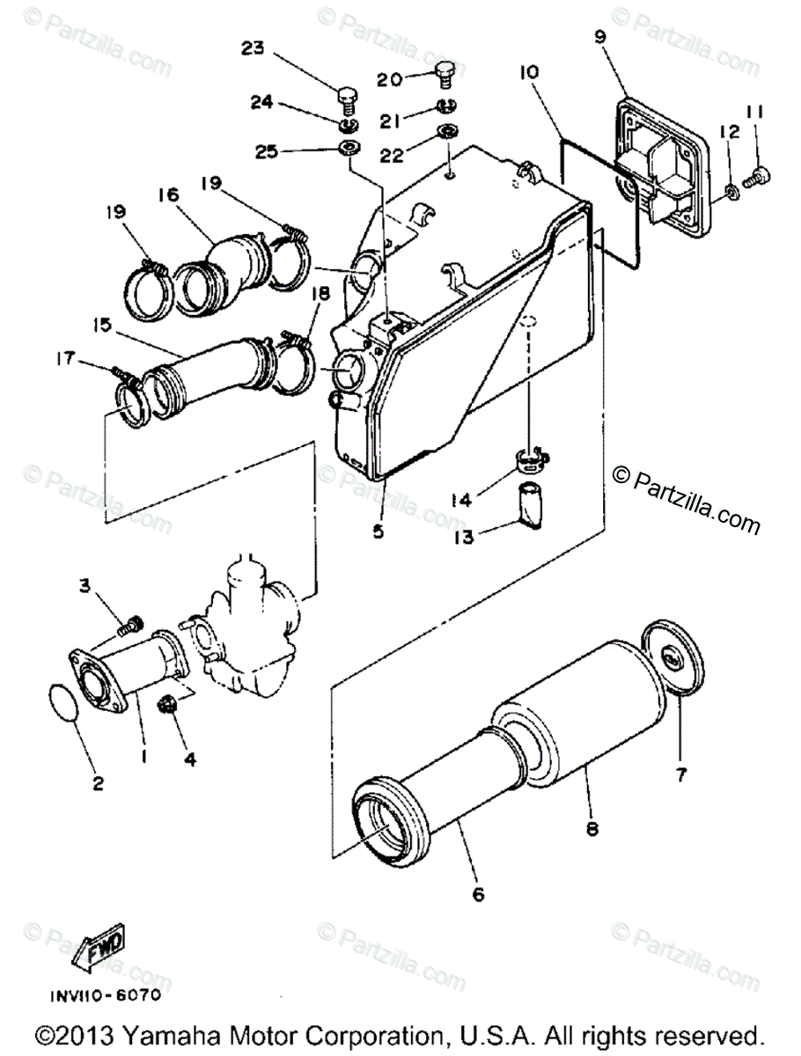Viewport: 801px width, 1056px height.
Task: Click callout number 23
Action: (254, 50)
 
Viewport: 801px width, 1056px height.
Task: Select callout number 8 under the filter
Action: (592, 827)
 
